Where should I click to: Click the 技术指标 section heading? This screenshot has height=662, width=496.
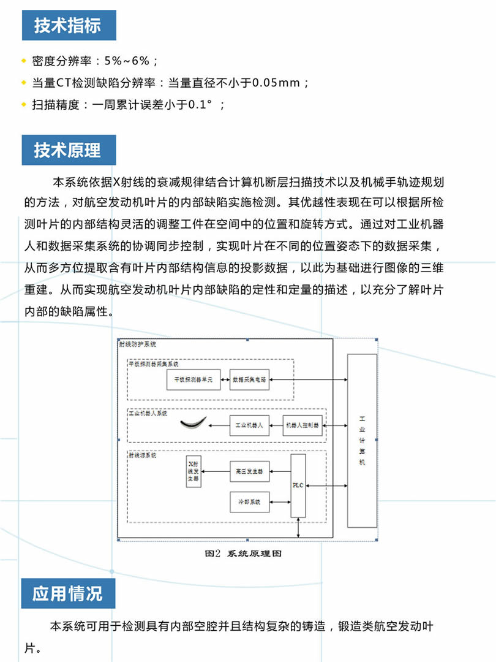pyautogui.click(x=67, y=26)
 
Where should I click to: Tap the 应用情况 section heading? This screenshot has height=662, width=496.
pyautogui.click(x=67, y=593)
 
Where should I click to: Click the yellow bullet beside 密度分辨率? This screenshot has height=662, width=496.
pyautogui.click(x=23, y=61)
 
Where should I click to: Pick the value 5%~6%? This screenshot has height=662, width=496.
pyautogui.click(x=126, y=61)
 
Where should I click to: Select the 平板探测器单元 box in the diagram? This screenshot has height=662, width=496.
pyautogui.click(x=193, y=380)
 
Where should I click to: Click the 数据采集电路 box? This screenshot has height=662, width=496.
pyautogui.click(x=249, y=380)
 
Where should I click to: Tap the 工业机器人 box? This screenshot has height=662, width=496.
pyautogui.click(x=249, y=425)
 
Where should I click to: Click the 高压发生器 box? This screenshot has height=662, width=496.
pyautogui.click(x=249, y=471)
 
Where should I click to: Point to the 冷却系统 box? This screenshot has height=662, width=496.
pyautogui.click(x=249, y=503)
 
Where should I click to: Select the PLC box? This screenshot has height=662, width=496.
pyautogui.click(x=298, y=485)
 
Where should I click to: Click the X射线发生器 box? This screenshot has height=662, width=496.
pyautogui.click(x=194, y=471)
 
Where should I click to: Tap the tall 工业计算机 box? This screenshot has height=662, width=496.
pyautogui.click(x=362, y=440)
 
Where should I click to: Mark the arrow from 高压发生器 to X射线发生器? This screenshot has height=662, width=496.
pyautogui.click(x=216, y=471)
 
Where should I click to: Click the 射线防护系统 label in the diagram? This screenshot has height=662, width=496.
pyautogui.click(x=138, y=344)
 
